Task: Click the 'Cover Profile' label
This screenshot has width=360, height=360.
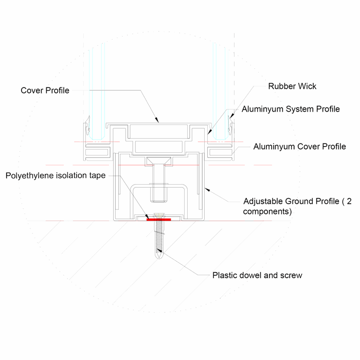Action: coord(45,91)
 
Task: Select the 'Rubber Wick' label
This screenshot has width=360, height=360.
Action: coord(292,86)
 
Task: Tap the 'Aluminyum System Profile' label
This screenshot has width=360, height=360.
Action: coord(291,109)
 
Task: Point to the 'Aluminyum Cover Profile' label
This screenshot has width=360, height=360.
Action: coord(300,147)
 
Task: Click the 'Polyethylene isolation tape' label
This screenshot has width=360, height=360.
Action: coord(56,176)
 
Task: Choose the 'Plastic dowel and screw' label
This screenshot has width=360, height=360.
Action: coord(257,275)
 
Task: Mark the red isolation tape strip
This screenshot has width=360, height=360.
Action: coord(158,220)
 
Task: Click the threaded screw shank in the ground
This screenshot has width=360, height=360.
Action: coord(159,237)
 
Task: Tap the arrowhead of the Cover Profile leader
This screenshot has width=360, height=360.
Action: coord(157,120)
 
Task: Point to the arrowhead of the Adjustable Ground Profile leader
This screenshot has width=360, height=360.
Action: coord(207,190)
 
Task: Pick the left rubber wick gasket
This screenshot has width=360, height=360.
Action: coord(87,126)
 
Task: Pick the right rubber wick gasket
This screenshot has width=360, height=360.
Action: coord(230,126)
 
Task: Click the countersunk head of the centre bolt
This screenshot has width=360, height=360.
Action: coord(159,160)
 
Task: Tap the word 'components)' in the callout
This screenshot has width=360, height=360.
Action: coord(267,211)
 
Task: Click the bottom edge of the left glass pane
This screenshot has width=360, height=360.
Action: coord(97,139)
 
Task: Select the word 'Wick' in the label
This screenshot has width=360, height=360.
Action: coord(307,86)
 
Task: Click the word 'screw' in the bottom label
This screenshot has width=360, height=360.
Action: coord(292,275)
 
